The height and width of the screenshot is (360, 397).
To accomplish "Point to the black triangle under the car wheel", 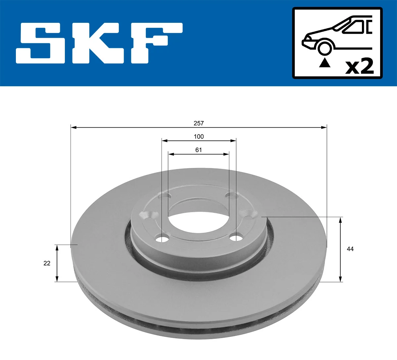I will (x=325, y=62).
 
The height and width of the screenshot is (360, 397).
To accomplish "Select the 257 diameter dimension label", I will (x=198, y=123).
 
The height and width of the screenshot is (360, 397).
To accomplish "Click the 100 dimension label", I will (x=198, y=137).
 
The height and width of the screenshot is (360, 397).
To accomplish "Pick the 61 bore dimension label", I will (x=198, y=150).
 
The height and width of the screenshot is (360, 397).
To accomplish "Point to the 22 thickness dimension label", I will (x=47, y=263).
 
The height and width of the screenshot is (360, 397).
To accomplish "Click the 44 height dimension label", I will (x=350, y=249).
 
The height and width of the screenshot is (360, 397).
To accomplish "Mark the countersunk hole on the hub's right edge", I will (x=248, y=214).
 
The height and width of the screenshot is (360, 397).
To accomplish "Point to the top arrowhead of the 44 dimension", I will (x=340, y=220).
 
